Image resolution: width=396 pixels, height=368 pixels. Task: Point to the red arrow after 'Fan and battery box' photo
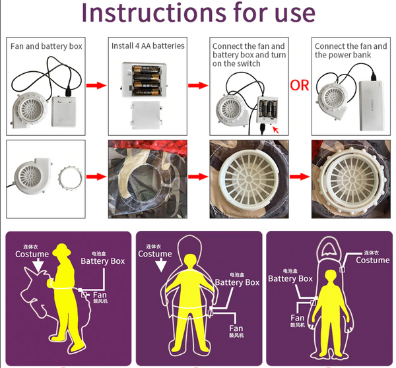tap(96, 86)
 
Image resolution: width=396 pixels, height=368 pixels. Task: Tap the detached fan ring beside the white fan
tap(72, 177)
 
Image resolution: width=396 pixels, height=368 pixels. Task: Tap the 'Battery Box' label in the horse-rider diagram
tap(103, 261)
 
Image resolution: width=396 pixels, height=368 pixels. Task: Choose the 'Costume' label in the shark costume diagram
tap(372, 260)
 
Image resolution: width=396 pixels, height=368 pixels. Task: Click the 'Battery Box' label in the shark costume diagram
tap(290, 278)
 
